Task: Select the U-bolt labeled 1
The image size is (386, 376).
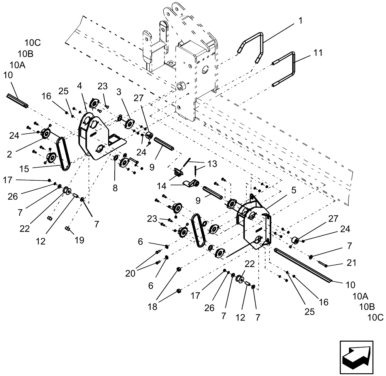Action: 252,46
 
